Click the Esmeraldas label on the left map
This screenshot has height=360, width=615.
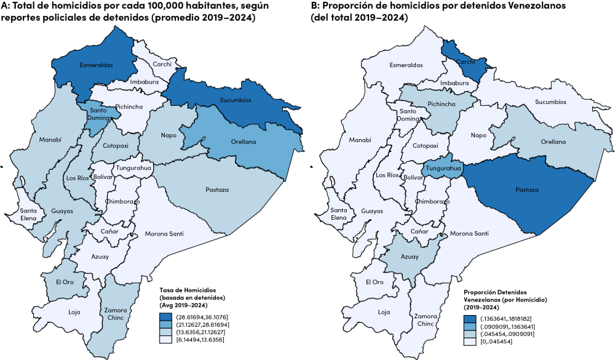click(96, 65)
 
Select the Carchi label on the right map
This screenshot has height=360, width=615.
click(466, 62)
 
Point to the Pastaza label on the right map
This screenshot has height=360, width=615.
click(526, 190)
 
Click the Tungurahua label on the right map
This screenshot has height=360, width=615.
click(443, 168)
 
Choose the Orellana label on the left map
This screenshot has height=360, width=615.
click(244, 142)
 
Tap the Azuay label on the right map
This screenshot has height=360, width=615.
click(410, 257)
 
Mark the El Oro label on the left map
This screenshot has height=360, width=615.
click(65, 282)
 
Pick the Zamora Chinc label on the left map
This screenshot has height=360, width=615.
click(116, 314)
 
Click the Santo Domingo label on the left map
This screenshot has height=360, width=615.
click(98, 114)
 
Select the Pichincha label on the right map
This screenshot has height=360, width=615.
click(442, 104)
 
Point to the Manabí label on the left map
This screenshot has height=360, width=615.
click(51, 140)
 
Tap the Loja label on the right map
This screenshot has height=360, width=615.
click(384, 312)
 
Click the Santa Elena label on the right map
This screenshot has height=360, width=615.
click(339, 214)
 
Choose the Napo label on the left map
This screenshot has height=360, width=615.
click(169, 135)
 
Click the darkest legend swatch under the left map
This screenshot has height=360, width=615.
click(165, 318)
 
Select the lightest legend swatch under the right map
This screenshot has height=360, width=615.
click(470, 341)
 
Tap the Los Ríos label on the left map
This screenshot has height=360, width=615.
click(78, 178)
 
